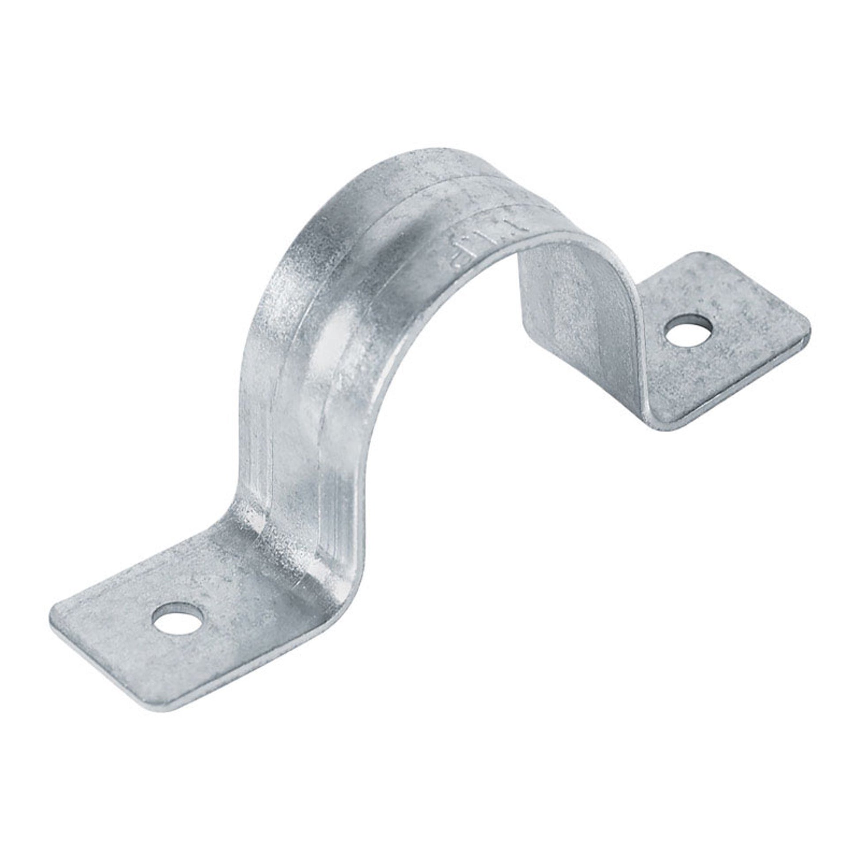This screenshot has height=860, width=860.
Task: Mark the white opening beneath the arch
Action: click(468, 401)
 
